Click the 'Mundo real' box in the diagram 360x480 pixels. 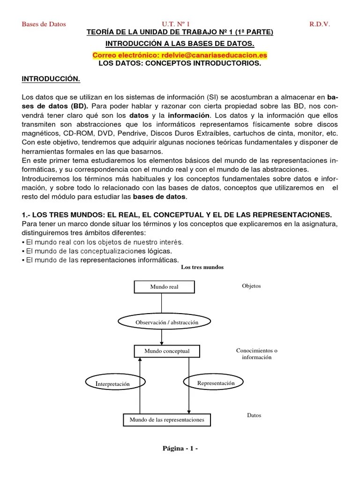[x=164, y=287]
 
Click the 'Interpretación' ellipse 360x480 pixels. [x=112, y=384]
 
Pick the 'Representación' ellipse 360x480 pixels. [x=216, y=383]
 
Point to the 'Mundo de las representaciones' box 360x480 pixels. [x=167, y=420]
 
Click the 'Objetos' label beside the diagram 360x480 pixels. [x=251, y=286]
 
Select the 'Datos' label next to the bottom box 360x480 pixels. [x=254, y=415]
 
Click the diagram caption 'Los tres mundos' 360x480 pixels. [x=202, y=267]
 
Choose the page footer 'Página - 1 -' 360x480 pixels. [x=180, y=449]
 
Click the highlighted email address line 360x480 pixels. [x=180, y=55]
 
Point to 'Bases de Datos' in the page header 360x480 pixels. [x=44, y=24]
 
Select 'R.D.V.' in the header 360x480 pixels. [x=319, y=24]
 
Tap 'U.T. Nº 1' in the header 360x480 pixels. [x=176, y=24]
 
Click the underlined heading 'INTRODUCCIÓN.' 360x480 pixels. [x=51, y=79]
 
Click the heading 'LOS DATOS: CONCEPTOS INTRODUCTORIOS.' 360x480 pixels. [x=180, y=63]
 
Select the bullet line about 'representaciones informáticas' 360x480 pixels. [x=100, y=260]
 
